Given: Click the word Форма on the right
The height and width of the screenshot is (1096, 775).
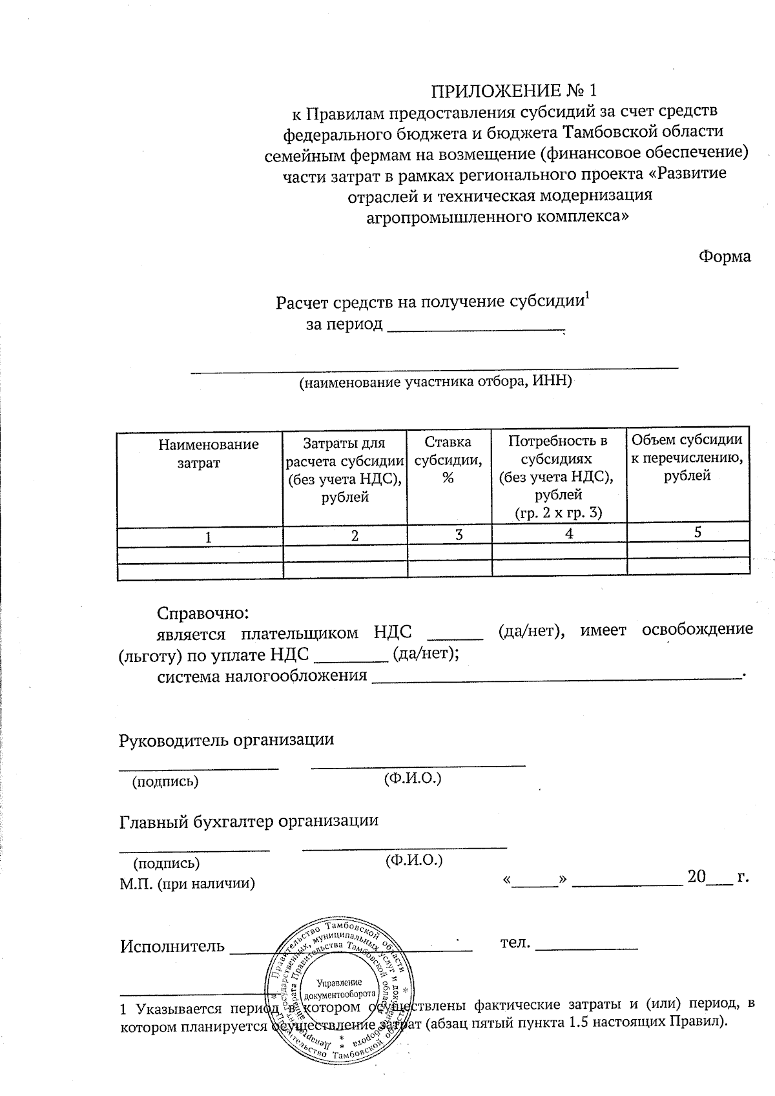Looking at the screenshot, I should coord(725,256).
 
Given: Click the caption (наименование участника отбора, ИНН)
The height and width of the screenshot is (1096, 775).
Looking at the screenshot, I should coord(435,382).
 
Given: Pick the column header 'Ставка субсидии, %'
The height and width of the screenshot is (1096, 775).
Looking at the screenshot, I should coord(448,459).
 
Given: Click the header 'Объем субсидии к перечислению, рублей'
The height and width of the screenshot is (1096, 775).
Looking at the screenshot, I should coord(687,457).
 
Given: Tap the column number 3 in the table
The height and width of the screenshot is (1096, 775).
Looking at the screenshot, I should coord(459,534).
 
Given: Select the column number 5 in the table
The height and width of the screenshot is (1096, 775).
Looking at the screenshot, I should coord(697,532).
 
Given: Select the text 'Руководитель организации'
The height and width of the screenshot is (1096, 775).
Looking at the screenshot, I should coord(227,740).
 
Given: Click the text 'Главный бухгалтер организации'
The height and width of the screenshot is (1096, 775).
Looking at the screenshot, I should coord(249,822).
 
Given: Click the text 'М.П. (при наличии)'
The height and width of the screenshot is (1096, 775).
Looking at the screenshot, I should coord(187,883).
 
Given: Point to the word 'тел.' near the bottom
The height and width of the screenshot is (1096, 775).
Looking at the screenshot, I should coord(515,944).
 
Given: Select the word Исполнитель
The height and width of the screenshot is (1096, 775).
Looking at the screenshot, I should coord(172,947).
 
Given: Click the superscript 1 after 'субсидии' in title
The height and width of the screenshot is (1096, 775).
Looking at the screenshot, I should coord(587,297).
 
